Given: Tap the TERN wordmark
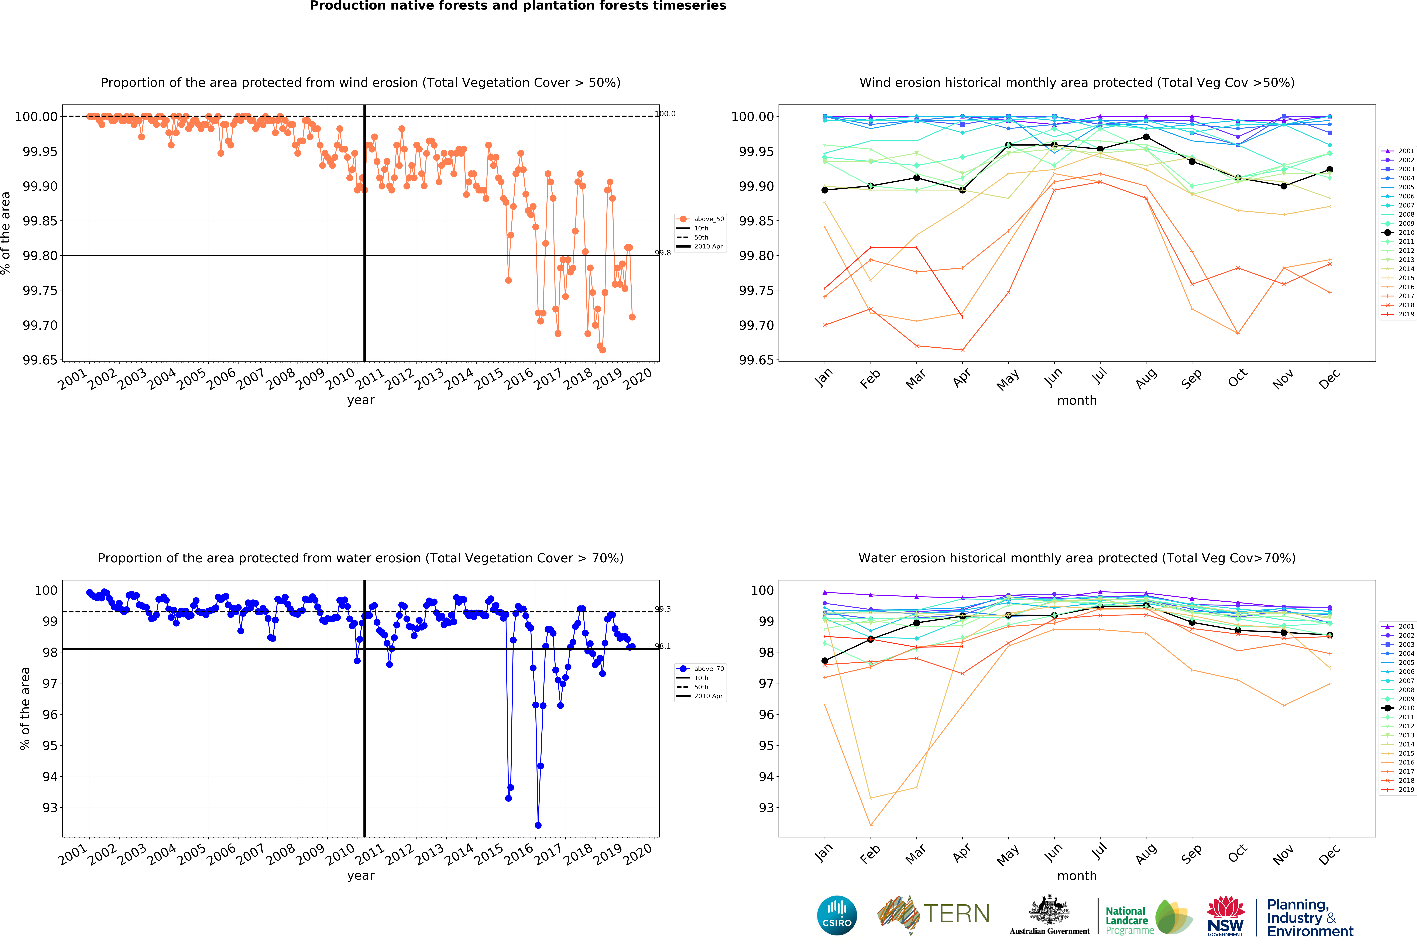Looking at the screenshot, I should click(x=956, y=914).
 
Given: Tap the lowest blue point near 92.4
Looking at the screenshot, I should click(x=538, y=825).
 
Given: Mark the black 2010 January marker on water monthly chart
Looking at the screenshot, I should click(x=824, y=661).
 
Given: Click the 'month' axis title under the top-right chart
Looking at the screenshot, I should click(x=1076, y=400).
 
